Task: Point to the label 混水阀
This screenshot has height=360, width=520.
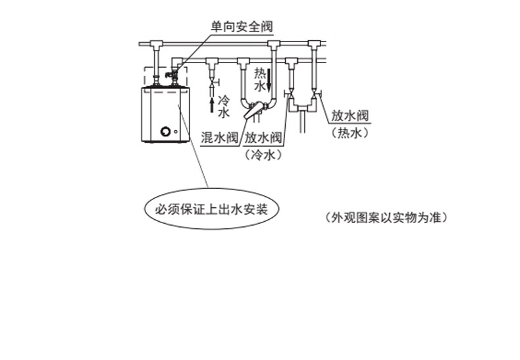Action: pyautogui.click(x=219, y=138)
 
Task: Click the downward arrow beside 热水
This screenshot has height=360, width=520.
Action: pyautogui.click(x=269, y=84)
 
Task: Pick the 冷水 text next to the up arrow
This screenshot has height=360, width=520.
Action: pyautogui.click(x=223, y=107)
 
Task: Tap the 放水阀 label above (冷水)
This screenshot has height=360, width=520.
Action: pyautogui.click(x=263, y=138)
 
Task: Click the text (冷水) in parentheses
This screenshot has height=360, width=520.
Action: pyautogui.click(x=263, y=155)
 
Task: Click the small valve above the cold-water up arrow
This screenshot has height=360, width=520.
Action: pyautogui.click(x=212, y=83)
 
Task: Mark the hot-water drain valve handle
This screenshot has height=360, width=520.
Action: pyautogui.click(x=319, y=96)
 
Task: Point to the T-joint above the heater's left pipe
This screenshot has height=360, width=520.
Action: pyautogui.click(x=156, y=45)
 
